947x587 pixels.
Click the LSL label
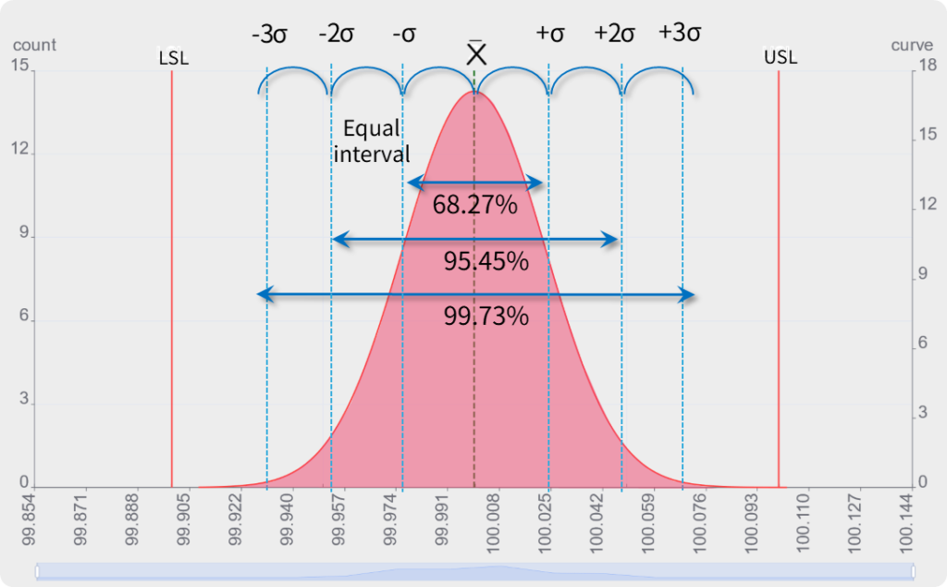click(173, 58)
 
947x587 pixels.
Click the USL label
click(780, 58)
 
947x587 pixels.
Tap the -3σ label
click(268, 34)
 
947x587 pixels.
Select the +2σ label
click(615, 34)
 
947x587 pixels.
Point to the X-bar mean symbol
click(476, 52)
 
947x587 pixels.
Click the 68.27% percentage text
click(474, 205)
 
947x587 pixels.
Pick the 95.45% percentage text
click(486, 261)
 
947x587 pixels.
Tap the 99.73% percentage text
click(486, 317)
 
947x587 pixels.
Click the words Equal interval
click(372, 141)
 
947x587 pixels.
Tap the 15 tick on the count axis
click(18, 65)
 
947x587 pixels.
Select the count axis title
click(35, 45)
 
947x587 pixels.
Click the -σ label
click(404, 34)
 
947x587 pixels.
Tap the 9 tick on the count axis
click(23, 235)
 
